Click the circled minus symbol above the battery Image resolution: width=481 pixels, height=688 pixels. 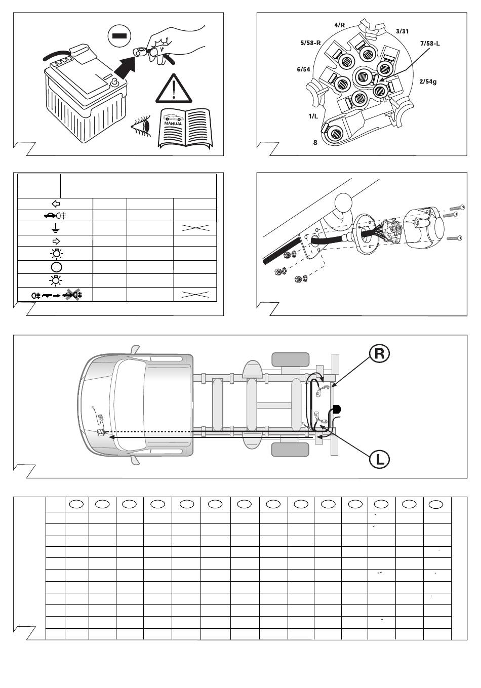coord(119,35)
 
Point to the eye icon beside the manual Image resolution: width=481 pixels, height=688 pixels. coord(142,125)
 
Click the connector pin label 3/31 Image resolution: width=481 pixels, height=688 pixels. coord(402,31)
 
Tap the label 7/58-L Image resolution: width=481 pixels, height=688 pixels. coord(430,43)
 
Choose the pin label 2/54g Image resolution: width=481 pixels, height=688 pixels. coord(427,81)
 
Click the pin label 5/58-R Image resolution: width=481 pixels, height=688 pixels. coord(310,43)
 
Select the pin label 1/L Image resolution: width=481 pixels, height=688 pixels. coord(313,116)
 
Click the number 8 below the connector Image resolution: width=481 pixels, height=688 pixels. coord(315,143)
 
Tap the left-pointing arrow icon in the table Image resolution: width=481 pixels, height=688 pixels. coord(56,204)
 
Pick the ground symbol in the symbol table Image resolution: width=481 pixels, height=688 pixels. coord(56,228)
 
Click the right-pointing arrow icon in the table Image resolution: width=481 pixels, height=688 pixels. coord(56,241)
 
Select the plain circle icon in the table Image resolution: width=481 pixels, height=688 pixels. coord(56,267)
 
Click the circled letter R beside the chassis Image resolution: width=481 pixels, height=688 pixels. coord(379,353)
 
